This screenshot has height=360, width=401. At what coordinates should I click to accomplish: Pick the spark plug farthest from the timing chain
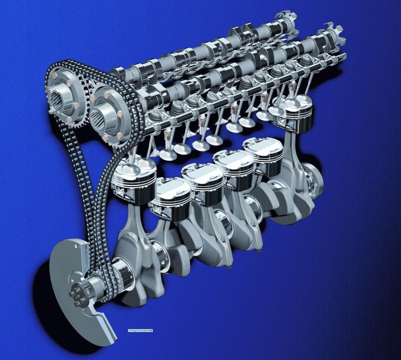291,89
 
